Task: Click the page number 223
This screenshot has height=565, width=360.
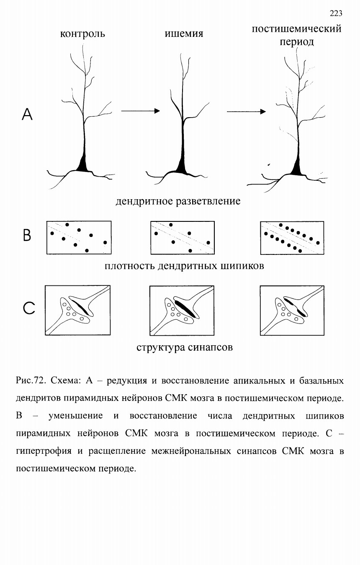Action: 336,13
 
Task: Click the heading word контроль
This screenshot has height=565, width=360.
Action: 82,34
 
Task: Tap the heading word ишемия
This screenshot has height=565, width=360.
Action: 184,33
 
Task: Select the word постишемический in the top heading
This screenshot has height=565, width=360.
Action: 297,29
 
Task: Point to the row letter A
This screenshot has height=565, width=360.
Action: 27,114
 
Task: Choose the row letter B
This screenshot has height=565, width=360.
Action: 27,235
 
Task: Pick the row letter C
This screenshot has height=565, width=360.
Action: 29,308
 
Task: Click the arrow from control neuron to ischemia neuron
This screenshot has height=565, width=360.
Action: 141,111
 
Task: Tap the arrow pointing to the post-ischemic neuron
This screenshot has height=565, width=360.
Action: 246,111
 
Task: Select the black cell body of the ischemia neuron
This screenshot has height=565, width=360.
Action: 182,167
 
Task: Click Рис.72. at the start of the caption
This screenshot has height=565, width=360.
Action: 31,380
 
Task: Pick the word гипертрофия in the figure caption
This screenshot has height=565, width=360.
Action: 44,451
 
